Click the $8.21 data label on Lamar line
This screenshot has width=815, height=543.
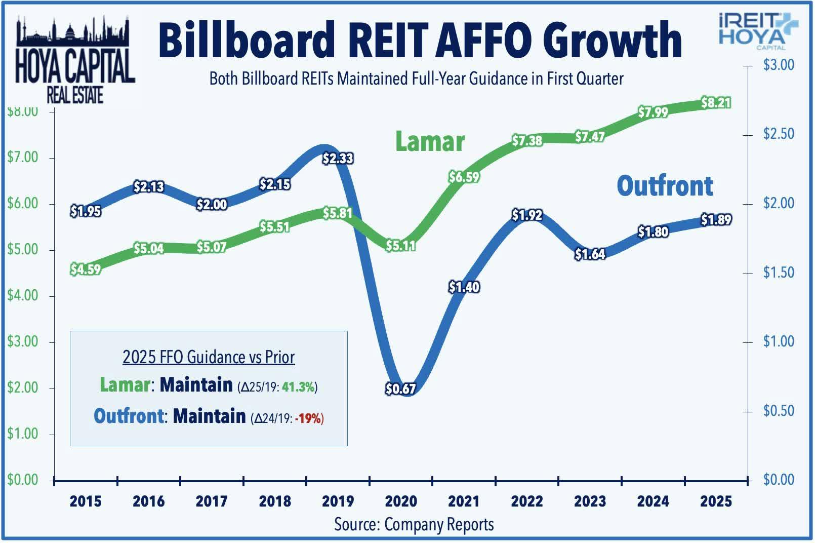[x=716, y=103]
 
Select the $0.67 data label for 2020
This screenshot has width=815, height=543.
[x=400, y=389]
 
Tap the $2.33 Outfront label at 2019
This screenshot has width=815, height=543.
[x=338, y=159]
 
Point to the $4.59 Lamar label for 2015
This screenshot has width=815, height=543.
[x=86, y=269]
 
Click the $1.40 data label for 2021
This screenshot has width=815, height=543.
[x=464, y=287]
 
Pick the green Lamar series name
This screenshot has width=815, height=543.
[x=429, y=141]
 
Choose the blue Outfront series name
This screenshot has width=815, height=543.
[x=665, y=186]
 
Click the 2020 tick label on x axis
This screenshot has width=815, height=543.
[x=400, y=501]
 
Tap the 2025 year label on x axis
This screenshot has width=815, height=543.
[x=716, y=501]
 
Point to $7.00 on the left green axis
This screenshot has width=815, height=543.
[x=23, y=158]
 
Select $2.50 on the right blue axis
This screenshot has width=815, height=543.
[x=779, y=134]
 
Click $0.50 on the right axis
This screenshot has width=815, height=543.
[x=779, y=411]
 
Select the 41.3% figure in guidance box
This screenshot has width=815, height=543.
[x=299, y=387]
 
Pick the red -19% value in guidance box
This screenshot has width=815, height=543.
[x=308, y=418]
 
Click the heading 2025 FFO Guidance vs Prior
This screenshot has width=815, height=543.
[x=208, y=357]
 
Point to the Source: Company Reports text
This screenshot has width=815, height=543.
[x=414, y=524]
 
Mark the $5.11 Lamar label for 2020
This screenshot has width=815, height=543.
[x=400, y=246]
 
